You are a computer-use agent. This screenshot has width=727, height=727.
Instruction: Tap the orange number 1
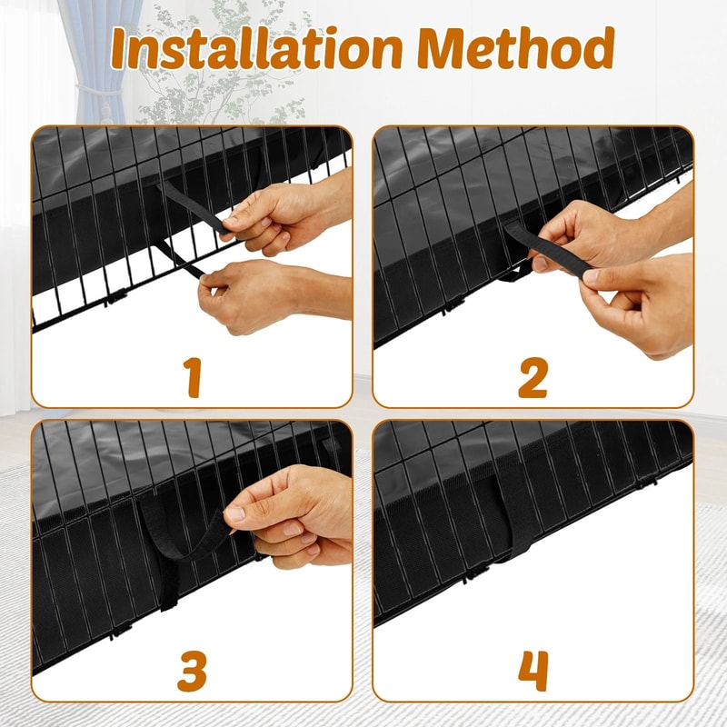coord(193,377)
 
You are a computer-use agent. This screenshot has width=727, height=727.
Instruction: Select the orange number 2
coord(533,377)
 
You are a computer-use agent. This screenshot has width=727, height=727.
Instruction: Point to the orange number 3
coord(193,671)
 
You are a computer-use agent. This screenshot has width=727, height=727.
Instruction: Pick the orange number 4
coord(533,671)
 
